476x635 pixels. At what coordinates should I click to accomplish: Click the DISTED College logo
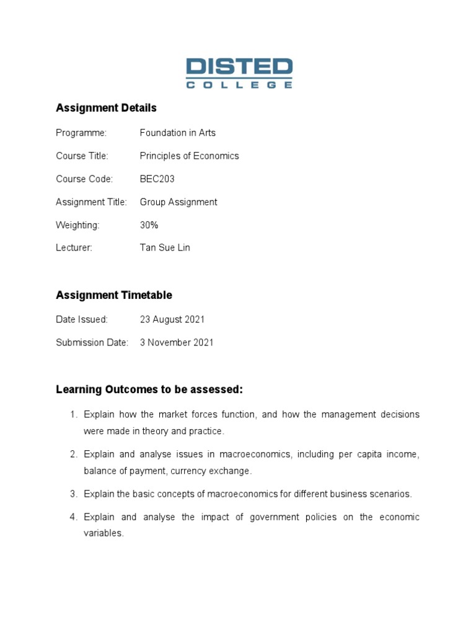click(239, 73)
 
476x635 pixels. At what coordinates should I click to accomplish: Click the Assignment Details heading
click(106, 108)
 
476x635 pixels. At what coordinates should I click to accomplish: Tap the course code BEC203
click(157, 179)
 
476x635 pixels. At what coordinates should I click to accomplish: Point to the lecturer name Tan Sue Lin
click(165, 248)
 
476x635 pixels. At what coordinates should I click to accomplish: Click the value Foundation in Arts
click(178, 133)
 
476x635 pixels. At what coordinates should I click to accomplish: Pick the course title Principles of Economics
click(189, 156)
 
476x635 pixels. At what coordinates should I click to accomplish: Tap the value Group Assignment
click(178, 202)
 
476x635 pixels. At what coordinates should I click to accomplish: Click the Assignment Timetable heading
click(114, 295)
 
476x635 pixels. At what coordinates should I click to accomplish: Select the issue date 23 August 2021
click(172, 319)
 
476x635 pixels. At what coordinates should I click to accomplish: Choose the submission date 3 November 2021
click(177, 342)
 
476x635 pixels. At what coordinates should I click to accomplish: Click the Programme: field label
click(81, 133)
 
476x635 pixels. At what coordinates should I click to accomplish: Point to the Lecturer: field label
click(74, 248)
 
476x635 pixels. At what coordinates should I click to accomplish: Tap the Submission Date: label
click(92, 342)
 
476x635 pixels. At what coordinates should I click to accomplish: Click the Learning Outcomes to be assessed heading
click(149, 390)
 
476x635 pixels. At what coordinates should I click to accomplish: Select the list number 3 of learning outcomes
click(73, 494)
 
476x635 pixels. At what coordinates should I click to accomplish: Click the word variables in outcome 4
click(103, 533)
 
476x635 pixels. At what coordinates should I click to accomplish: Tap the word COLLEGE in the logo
click(239, 85)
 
